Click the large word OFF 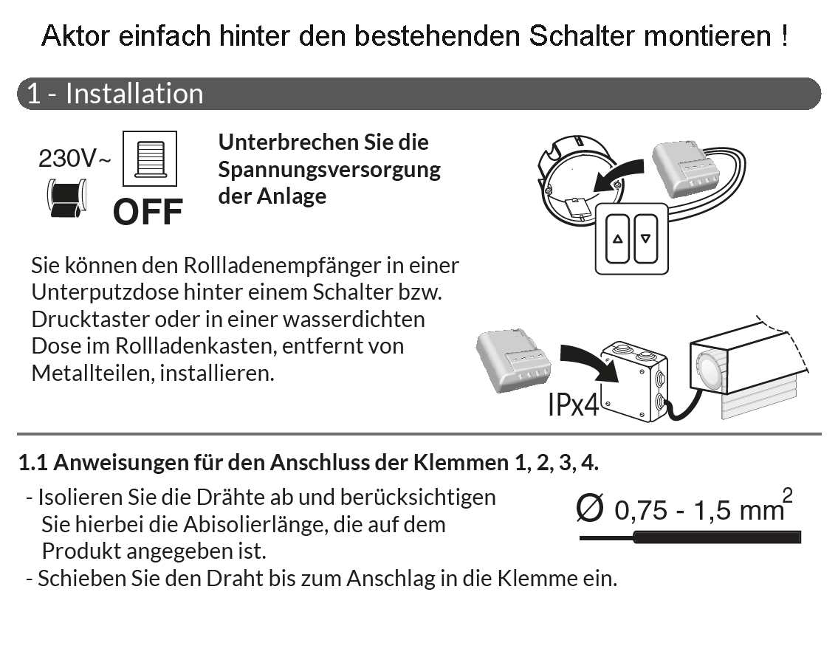pos(148,212)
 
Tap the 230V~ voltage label pos(75,158)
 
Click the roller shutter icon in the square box pos(150,159)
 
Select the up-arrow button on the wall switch pos(618,239)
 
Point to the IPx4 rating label pos(573,405)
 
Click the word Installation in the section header pos(134,94)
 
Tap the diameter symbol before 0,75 pos(590,508)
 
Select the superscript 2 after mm pos(787,495)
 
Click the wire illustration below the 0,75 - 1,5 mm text pos(690,537)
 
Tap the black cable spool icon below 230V pos(66,199)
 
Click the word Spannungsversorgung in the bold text pos(329,170)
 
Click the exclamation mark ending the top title pos(784,35)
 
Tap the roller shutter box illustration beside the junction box pos(748,368)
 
